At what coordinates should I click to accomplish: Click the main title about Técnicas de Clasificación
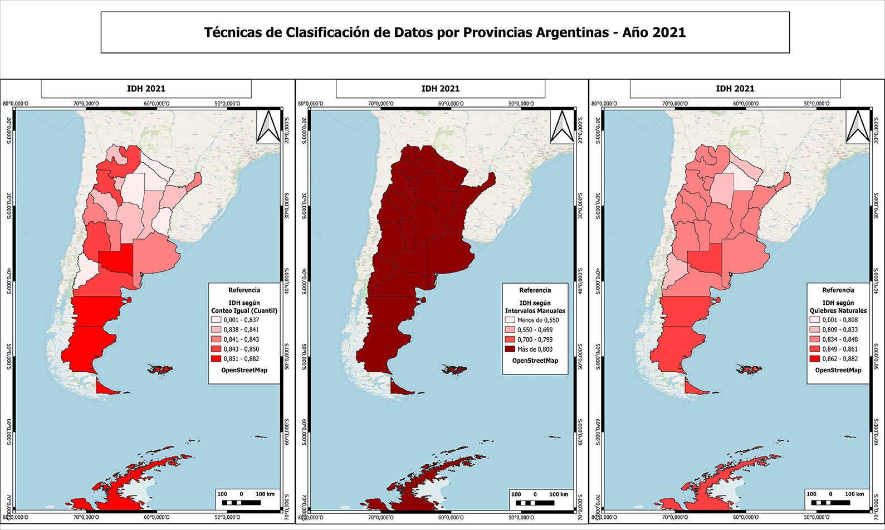(444, 32)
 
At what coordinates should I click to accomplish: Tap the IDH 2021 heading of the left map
(146, 89)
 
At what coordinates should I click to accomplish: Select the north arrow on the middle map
(562, 127)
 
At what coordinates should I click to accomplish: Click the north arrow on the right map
(857, 127)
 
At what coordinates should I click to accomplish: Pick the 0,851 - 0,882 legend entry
(241, 359)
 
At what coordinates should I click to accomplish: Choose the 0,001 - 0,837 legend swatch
(216, 320)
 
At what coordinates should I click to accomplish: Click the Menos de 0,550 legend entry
(537, 320)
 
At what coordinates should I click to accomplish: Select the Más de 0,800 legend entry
(534, 349)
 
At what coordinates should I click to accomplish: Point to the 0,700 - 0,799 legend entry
(534, 339)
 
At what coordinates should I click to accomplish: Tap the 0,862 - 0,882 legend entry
(839, 359)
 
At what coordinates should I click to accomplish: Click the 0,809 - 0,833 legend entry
(839, 329)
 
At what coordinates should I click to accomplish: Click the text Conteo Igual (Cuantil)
(244, 311)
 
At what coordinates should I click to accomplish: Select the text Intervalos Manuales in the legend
(535, 311)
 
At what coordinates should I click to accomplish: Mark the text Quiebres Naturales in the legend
(838, 311)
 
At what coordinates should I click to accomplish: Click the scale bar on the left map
(241, 502)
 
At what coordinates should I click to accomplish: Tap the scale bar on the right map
(830, 502)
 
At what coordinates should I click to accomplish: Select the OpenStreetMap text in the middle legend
(535, 361)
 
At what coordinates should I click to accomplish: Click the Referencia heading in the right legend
(838, 290)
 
